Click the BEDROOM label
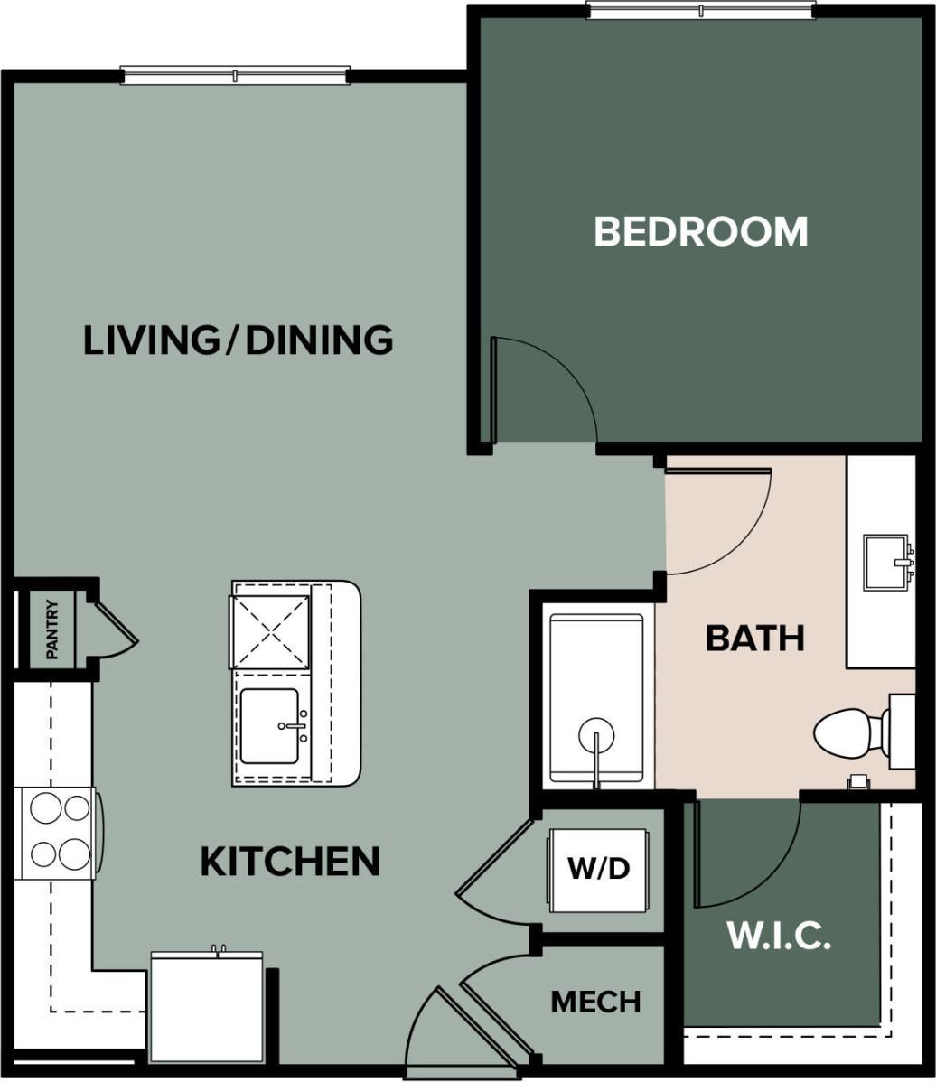click(x=700, y=231)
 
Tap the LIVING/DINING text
click(x=238, y=340)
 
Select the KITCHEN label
click(x=289, y=862)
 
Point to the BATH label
click(x=754, y=638)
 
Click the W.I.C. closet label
click(x=779, y=937)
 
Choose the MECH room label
click(x=595, y=1002)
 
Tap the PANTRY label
click(x=52, y=629)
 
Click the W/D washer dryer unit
click(x=597, y=869)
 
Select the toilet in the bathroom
click(x=854, y=732)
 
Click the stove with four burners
click(x=60, y=831)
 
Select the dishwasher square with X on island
click(x=271, y=629)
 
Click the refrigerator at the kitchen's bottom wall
click(x=206, y=1010)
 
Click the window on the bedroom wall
click(x=700, y=10)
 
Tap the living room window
click(x=235, y=75)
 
